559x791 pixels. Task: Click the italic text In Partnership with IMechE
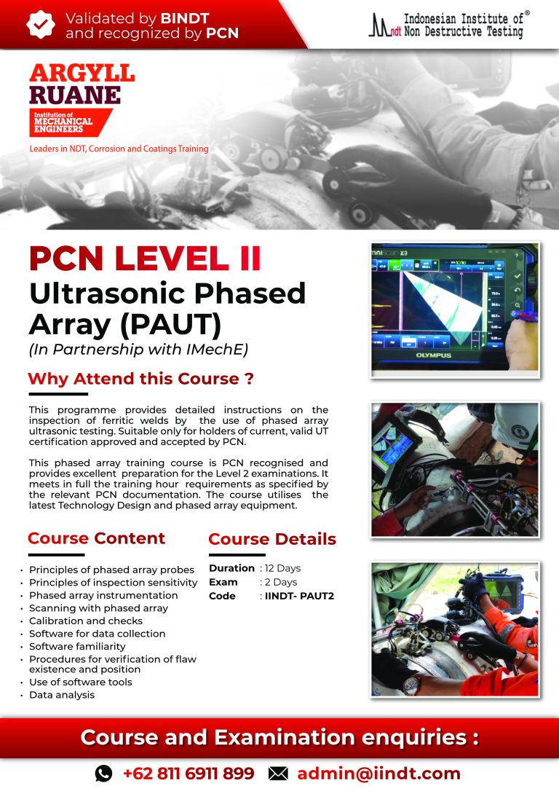138,349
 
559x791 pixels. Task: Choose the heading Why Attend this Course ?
140,379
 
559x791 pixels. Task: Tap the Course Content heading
96,538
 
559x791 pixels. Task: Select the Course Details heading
272,539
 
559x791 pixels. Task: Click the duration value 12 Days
282,568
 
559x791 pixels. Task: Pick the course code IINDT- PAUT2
299,596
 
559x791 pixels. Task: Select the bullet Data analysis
62,695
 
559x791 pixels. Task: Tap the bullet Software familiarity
77,646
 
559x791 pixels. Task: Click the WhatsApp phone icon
104,774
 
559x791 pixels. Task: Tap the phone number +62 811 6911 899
188,774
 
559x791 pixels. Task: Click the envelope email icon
278,774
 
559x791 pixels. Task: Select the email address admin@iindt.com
378,774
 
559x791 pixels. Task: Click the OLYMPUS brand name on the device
434,356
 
